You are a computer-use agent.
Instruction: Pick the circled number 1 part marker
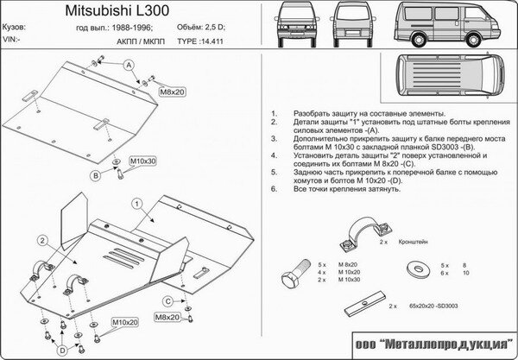pos(136,204)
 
